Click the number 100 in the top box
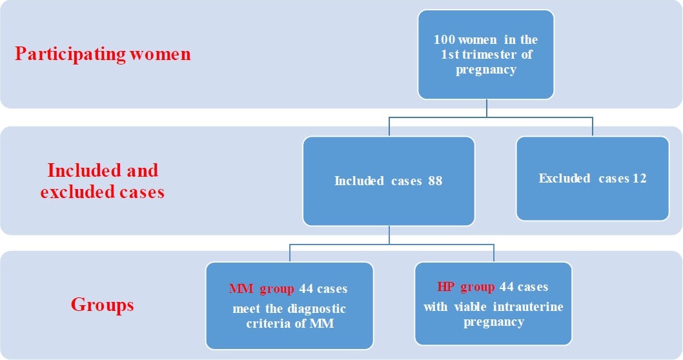coord(443,39)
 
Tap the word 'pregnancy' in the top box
coord(486,70)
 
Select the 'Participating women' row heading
coord(103,54)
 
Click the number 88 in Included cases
coord(435,181)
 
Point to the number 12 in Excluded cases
coord(640,178)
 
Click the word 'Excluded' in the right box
coord(564,178)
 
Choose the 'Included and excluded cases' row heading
coord(103,181)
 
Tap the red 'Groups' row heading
coord(103,305)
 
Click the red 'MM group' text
coord(261,289)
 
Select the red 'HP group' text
coord(466,287)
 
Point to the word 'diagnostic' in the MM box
coord(316,309)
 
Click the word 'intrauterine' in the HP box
coord(528,307)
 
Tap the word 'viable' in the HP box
coord(470,307)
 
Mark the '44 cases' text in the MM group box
coord(323,289)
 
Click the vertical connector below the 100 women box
coord(487,108)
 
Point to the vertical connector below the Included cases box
coord(389,235)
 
